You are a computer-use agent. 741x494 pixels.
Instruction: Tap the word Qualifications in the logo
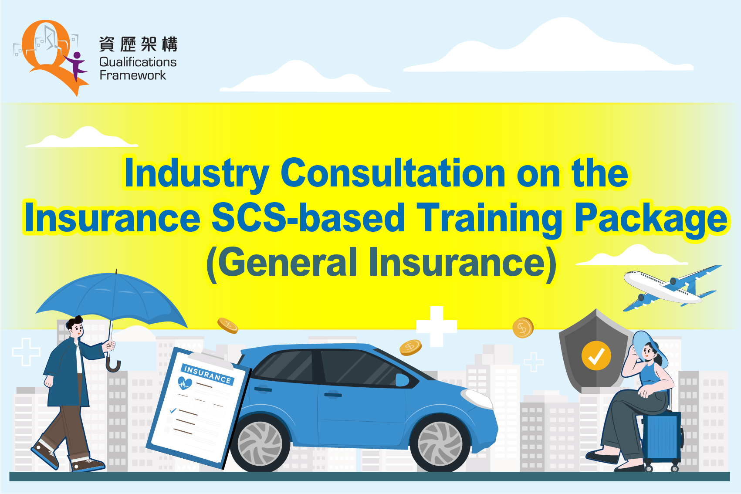tap(138, 62)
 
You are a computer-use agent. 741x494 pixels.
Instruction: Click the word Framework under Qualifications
tap(133, 75)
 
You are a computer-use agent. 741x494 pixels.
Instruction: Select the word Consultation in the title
tap(393, 173)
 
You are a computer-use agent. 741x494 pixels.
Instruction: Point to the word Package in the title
tap(651, 219)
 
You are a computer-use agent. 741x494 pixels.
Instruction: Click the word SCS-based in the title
tap(308, 218)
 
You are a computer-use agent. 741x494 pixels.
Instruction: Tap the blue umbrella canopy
tap(112, 298)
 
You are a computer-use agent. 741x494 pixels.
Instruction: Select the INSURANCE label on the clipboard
tap(207, 374)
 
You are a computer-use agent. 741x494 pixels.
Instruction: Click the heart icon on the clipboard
tap(185, 383)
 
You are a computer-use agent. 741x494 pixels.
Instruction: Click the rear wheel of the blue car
tap(260, 443)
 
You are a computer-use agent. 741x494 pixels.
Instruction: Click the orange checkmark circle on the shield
tap(596, 355)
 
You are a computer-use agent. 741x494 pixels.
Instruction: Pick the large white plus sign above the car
tap(436, 326)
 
